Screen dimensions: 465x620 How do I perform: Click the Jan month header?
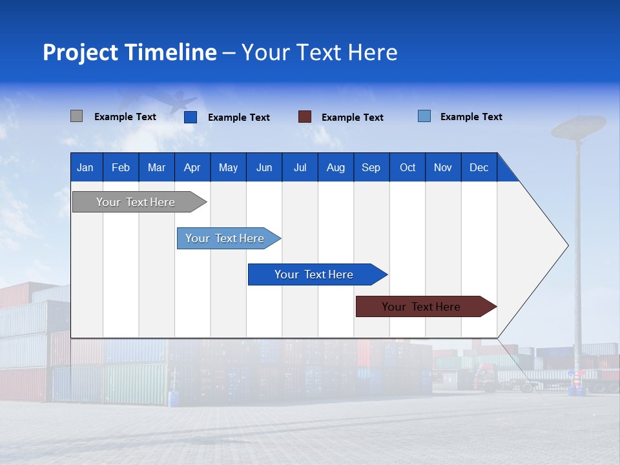point(86,167)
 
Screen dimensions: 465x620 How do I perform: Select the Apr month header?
point(192,167)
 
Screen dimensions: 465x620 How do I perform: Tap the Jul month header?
point(300,167)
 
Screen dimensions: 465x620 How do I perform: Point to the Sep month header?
point(371,167)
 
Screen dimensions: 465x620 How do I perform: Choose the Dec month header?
point(479,167)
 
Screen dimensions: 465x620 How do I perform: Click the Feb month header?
point(121,167)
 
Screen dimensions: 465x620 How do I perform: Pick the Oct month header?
point(408,167)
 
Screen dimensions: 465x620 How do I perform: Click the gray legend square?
point(76,116)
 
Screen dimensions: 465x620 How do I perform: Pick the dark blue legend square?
point(190,117)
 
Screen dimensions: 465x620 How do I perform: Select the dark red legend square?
point(305,116)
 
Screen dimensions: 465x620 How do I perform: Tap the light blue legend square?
point(424,116)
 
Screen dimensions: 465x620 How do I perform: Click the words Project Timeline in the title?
point(129,52)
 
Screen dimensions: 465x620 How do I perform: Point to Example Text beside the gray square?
point(125,117)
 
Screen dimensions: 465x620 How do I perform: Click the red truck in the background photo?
point(486,377)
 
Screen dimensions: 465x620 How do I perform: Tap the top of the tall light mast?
point(578,126)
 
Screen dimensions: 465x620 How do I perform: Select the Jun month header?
point(263,167)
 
